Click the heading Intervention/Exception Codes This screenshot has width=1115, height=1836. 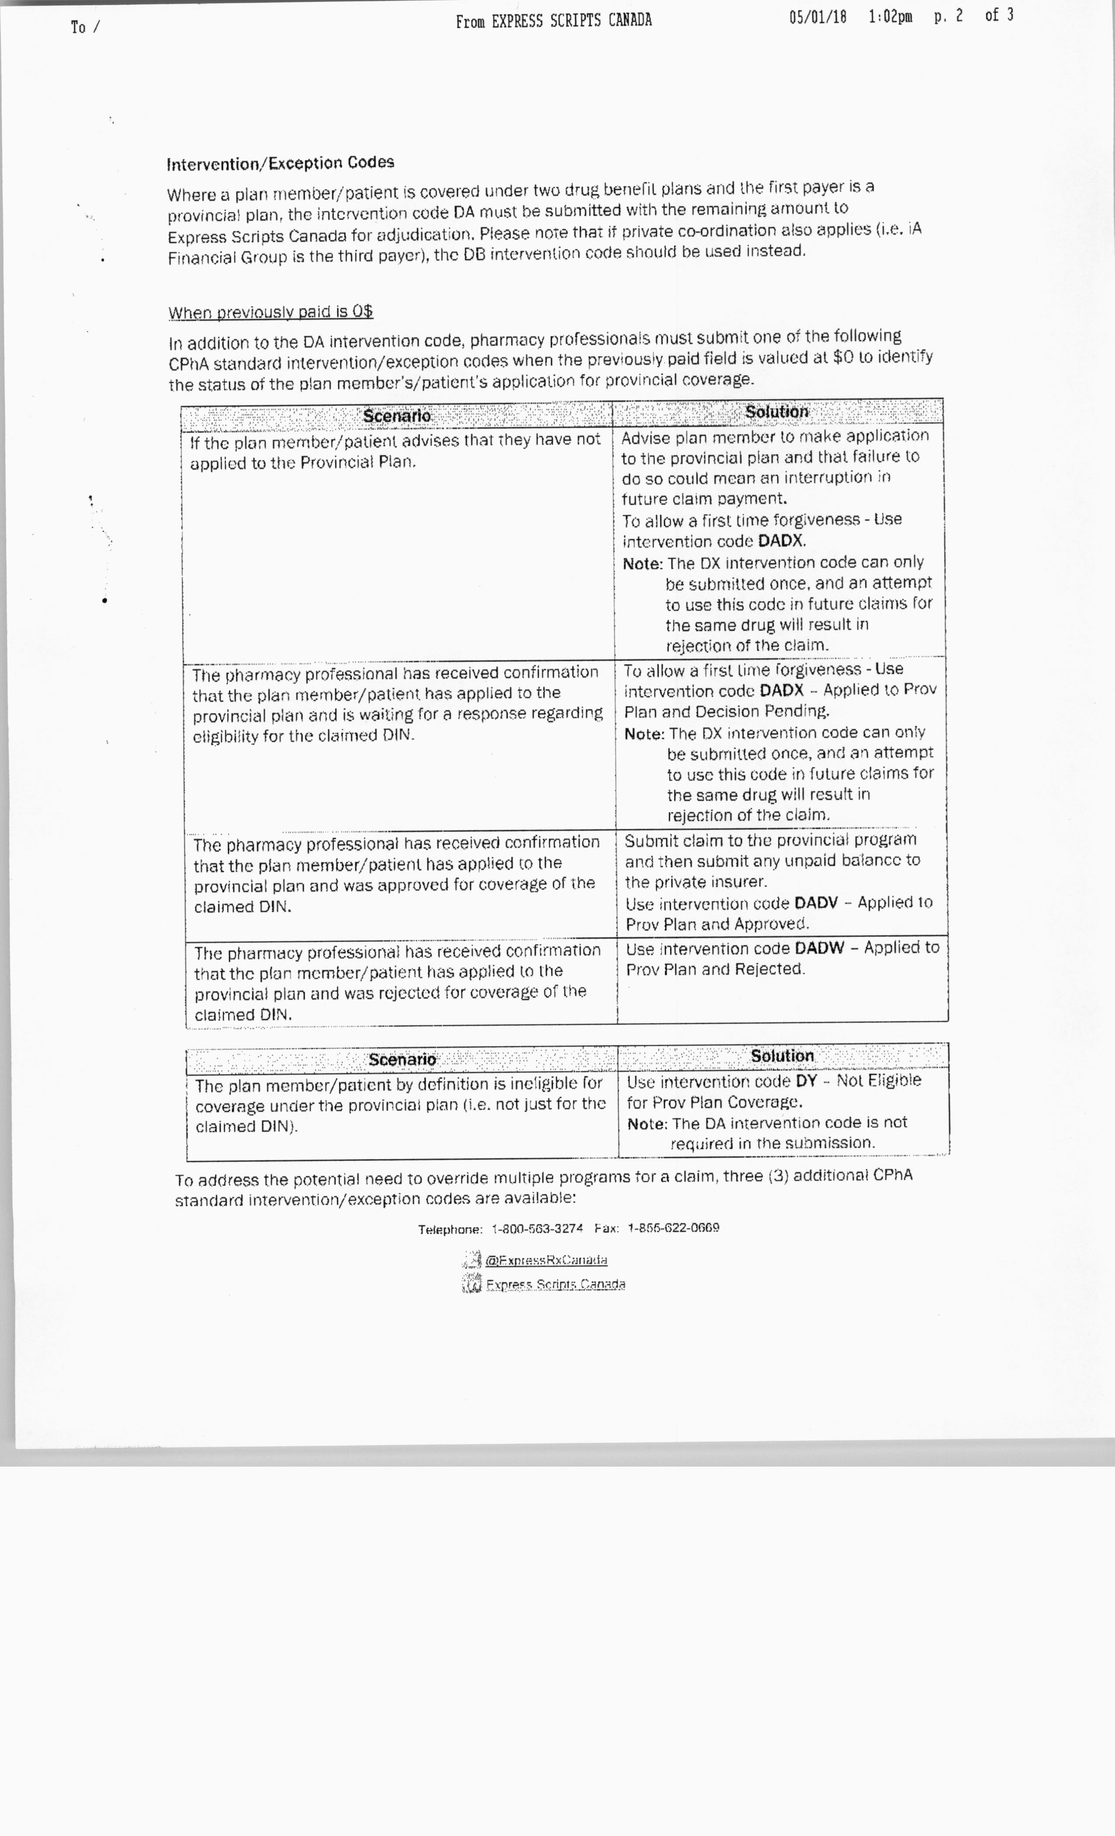click(x=280, y=163)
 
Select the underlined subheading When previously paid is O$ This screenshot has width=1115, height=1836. click(x=271, y=312)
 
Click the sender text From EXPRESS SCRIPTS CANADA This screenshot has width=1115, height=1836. click(x=554, y=21)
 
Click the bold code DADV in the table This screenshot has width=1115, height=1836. click(x=816, y=903)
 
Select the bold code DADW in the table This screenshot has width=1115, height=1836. click(x=819, y=948)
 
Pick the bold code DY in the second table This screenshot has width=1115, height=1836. click(x=806, y=1081)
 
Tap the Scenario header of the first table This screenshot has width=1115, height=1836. click(x=397, y=416)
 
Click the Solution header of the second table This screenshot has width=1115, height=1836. click(x=782, y=1056)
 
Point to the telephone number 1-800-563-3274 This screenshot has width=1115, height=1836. click(x=537, y=1229)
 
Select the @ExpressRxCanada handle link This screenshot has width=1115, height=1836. click(x=546, y=1260)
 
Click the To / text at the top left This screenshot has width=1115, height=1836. click(x=85, y=28)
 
